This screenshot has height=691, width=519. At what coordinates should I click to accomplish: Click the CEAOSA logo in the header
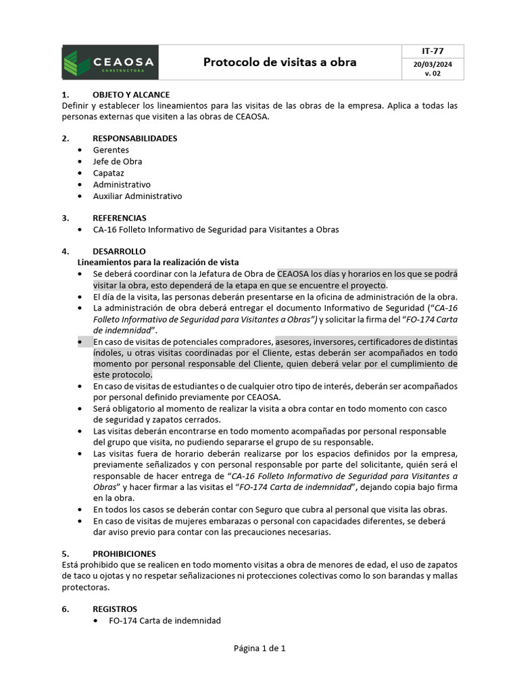tap(110, 62)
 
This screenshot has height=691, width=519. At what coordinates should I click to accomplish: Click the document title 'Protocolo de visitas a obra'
tap(280, 63)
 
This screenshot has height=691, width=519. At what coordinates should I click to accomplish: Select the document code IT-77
tap(432, 51)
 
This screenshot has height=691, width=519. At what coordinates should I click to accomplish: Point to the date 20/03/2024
tap(432, 64)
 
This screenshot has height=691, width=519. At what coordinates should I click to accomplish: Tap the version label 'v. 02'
tap(432, 74)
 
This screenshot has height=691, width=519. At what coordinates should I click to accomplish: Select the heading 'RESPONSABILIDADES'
tap(135, 138)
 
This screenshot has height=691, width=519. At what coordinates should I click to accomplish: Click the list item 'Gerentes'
tap(111, 150)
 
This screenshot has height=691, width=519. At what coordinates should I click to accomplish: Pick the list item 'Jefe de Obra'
tap(118, 161)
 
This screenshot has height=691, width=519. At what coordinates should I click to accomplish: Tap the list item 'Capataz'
tap(109, 173)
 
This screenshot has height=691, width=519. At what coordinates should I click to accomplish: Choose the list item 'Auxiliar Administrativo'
tap(138, 196)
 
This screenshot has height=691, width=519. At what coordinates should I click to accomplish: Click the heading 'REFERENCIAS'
tap(120, 218)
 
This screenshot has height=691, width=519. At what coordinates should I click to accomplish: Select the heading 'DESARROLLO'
tap(119, 251)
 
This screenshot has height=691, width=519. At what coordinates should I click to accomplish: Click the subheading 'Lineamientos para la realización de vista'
tap(158, 262)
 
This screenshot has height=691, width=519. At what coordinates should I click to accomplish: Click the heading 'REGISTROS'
tap(115, 609)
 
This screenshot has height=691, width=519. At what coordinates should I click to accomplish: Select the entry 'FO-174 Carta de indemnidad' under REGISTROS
tap(164, 620)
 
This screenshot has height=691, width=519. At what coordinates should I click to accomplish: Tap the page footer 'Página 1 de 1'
tap(259, 648)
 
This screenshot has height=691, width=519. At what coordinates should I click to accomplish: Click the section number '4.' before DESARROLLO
tap(66, 251)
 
